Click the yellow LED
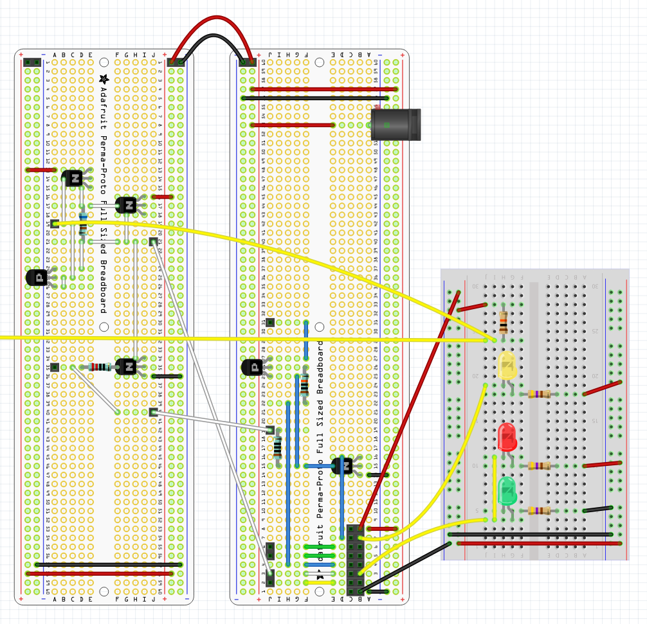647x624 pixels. coord(507,365)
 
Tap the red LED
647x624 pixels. coord(507,437)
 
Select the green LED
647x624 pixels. coord(507,490)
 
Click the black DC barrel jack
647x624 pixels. coord(396,125)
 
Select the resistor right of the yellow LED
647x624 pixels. coord(539,394)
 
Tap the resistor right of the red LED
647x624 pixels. coord(539,465)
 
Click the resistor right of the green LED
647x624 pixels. coord(539,511)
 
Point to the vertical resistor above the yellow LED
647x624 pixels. coord(503,320)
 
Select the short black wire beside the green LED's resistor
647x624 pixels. coord(597,509)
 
